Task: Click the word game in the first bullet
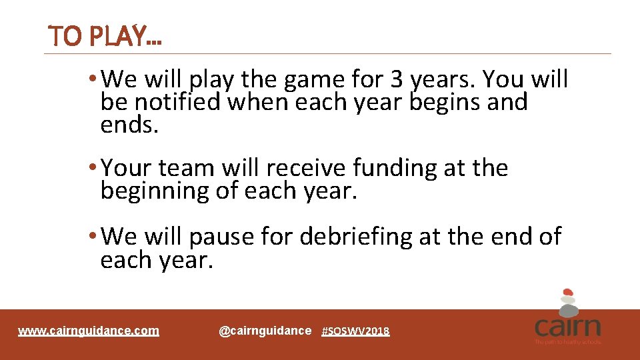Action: [x=313, y=80]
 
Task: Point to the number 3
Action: [x=397, y=80]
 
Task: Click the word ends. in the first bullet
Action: [x=130, y=125]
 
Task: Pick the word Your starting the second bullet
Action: [x=134, y=168]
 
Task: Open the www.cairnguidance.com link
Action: [x=89, y=331]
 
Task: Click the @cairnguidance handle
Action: [x=265, y=331]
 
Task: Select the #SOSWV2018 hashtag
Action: [x=355, y=331]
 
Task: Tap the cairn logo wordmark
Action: [x=567, y=327]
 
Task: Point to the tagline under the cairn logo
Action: [x=567, y=342]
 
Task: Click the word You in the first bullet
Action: [x=504, y=80]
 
